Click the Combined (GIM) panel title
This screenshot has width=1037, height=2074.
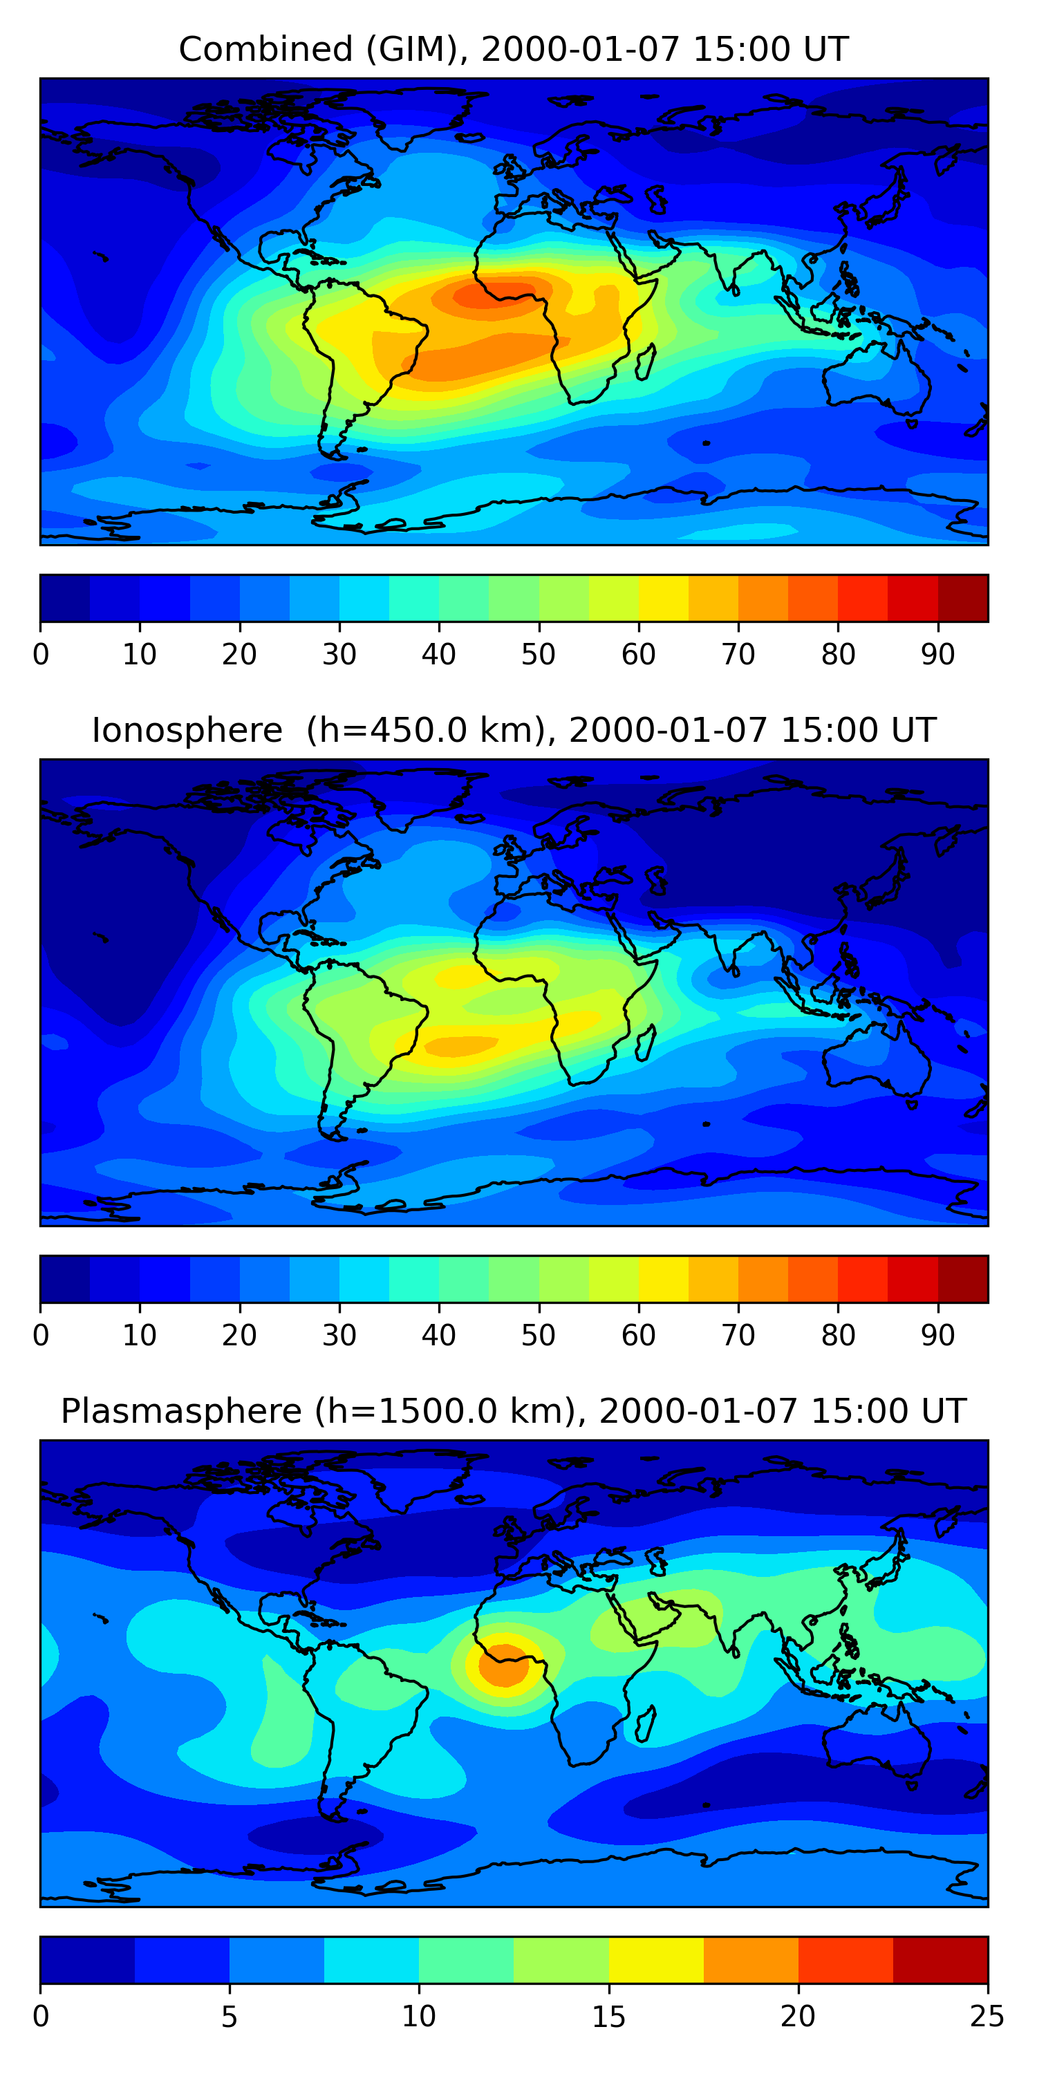(x=513, y=49)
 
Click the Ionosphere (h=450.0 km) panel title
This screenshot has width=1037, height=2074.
(x=513, y=730)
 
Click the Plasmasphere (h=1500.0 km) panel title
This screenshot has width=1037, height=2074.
(x=513, y=1412)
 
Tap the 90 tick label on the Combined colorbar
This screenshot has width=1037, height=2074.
(x=938, y=654)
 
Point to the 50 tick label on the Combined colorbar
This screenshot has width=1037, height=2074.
(x=539, y=654)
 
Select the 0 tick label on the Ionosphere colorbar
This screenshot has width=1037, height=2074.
(x=41, y=1335)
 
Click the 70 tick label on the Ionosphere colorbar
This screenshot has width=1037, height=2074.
(x=738, y=1335)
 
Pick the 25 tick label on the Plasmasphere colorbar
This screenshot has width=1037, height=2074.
(x=987, y=2016)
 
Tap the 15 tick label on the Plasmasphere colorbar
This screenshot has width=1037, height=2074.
(x=608, y=2016)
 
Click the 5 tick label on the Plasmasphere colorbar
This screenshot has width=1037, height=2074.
(x=230, y=2016)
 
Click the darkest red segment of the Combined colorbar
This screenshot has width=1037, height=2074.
(x=963, y=598)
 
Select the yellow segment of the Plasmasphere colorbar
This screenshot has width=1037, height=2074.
(x=656, y=1960)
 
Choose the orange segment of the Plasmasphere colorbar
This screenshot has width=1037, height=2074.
(x=751, y=1960)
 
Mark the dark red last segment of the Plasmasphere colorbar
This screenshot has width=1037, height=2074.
(x=940, y=1960)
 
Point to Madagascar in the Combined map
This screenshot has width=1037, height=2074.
(x=645, y=362)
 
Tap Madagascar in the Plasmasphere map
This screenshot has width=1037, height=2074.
(x=645, y=1725)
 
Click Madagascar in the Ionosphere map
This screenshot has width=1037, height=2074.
(x=645, y=1043)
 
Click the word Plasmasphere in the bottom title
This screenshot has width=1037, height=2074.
(x=181, y=1412)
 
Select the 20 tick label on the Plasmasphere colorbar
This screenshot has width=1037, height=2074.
(x=798, y=2016)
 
